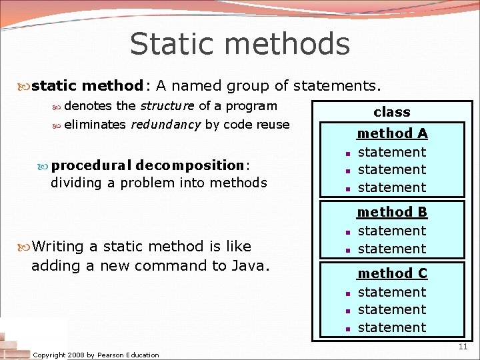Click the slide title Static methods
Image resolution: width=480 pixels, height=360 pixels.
[239, 44]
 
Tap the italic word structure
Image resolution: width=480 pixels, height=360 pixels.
[167, 106]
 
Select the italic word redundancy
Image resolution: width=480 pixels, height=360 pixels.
[166, 125]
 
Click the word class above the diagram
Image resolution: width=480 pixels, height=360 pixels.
[392, 112]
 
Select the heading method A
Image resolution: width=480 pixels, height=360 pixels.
[392, 133]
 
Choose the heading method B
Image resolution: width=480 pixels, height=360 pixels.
[392, 212]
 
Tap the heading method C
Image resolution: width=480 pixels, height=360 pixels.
[392, 273]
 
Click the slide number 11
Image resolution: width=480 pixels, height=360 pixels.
[463, 347]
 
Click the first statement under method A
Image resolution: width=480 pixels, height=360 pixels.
[392, 152]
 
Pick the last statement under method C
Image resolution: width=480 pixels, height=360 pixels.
[392, 327]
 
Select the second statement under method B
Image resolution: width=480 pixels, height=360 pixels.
[392, 249]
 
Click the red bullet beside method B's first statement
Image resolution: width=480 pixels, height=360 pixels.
[348, 232]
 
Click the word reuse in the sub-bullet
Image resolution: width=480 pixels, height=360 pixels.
[274, 125]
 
